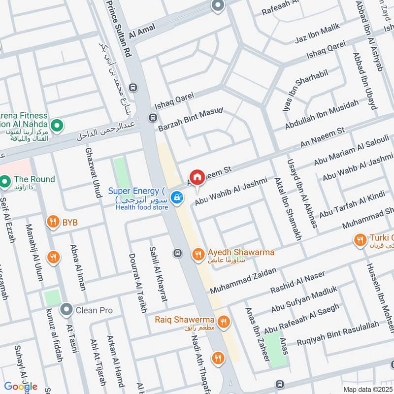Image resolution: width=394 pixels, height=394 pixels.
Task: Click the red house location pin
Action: click(197, 177)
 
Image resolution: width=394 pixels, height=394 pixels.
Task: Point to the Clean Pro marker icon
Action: click(66, 310)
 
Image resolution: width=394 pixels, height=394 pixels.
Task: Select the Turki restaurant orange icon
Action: click(360, 240)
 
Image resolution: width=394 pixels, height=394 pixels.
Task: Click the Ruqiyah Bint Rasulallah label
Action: click(338, 332)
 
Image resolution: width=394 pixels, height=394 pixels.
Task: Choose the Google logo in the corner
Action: click(21, 386)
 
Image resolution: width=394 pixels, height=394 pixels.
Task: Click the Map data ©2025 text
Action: click(368, 389)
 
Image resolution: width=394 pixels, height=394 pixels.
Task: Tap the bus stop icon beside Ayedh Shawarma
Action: click(178, 253)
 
